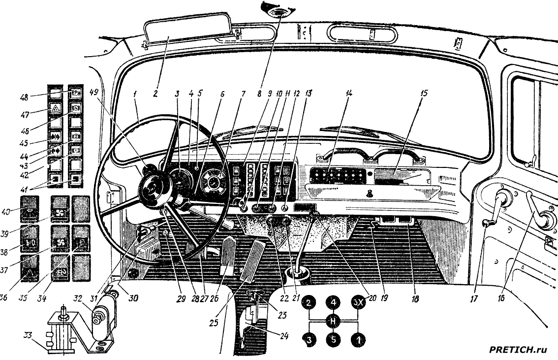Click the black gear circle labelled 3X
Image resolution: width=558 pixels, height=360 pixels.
[x=358, y=303]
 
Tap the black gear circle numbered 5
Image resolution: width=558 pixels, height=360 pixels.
[x=333, y=339]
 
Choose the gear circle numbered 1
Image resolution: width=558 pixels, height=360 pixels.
[x=358, y=339]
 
